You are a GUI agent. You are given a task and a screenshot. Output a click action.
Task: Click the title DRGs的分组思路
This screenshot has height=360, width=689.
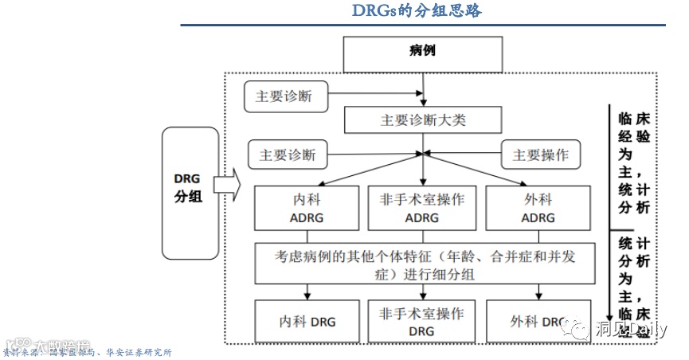(417, 11)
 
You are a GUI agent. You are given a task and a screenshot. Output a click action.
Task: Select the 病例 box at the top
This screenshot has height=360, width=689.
(422, 53)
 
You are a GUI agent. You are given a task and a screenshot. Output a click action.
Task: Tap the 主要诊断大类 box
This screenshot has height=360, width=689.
(423, 121)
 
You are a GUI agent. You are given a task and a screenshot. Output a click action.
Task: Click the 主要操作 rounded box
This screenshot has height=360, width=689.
(540, 155)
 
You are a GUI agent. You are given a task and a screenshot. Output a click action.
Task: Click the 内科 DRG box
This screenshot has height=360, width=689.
(307, 322)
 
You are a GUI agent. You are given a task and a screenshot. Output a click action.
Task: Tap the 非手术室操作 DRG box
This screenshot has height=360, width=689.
(422, 322)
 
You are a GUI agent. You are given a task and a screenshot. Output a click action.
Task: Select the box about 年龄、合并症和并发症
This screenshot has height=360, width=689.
(425, 264)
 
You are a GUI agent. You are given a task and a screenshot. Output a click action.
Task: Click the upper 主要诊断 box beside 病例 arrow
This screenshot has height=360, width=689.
(284, 96)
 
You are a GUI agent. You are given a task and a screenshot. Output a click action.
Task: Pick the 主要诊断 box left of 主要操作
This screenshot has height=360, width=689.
(288, 155)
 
